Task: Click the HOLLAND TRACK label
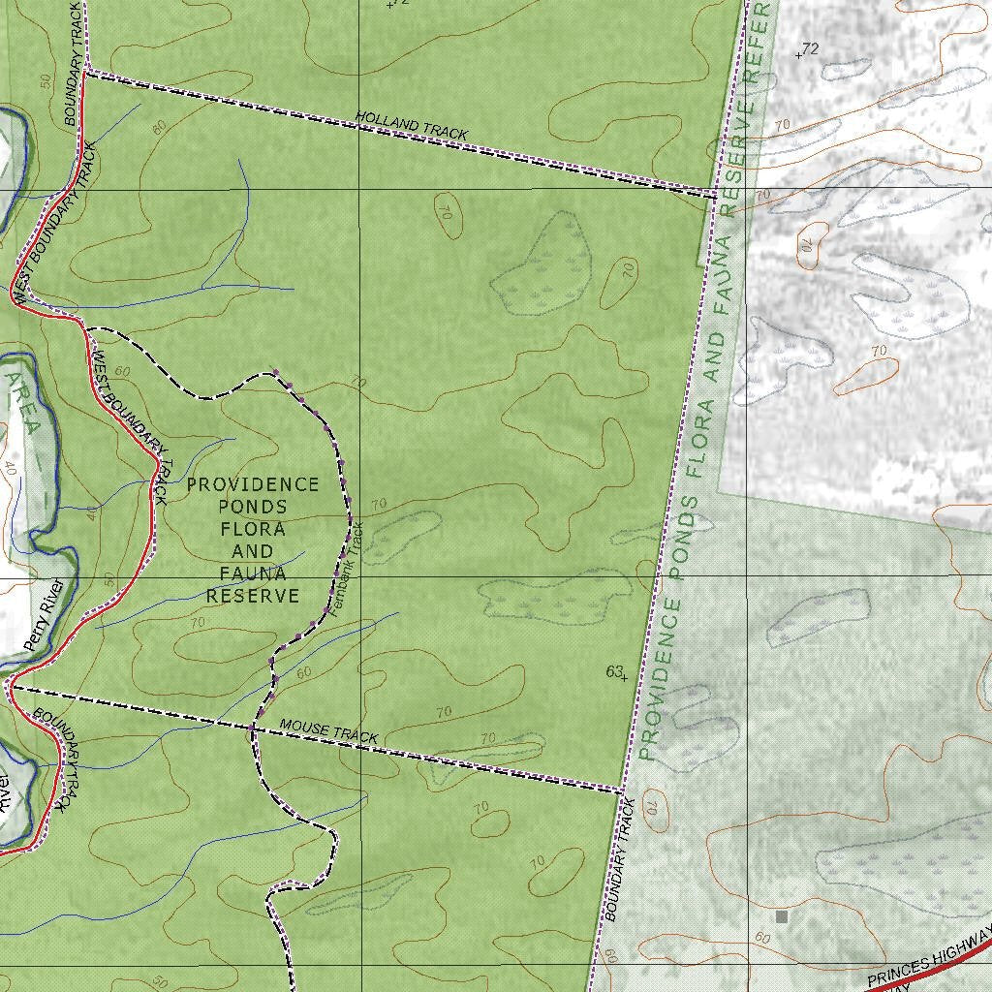coord(412,126)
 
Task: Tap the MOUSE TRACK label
coord(328,731)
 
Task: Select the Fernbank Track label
coord(346,571)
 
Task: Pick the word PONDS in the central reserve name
coord(253,507)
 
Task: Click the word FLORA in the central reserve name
coord(253,529)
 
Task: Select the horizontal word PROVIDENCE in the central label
coord(253,484)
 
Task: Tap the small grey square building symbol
coord(782,915)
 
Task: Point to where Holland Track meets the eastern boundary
coord(715,195)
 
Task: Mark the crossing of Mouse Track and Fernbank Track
coord(254,725)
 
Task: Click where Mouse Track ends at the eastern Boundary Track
coord(621,791)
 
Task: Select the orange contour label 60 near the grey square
coord(762,938)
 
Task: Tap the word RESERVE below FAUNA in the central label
coord(253,596)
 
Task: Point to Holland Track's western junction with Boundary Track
coord(87,71)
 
